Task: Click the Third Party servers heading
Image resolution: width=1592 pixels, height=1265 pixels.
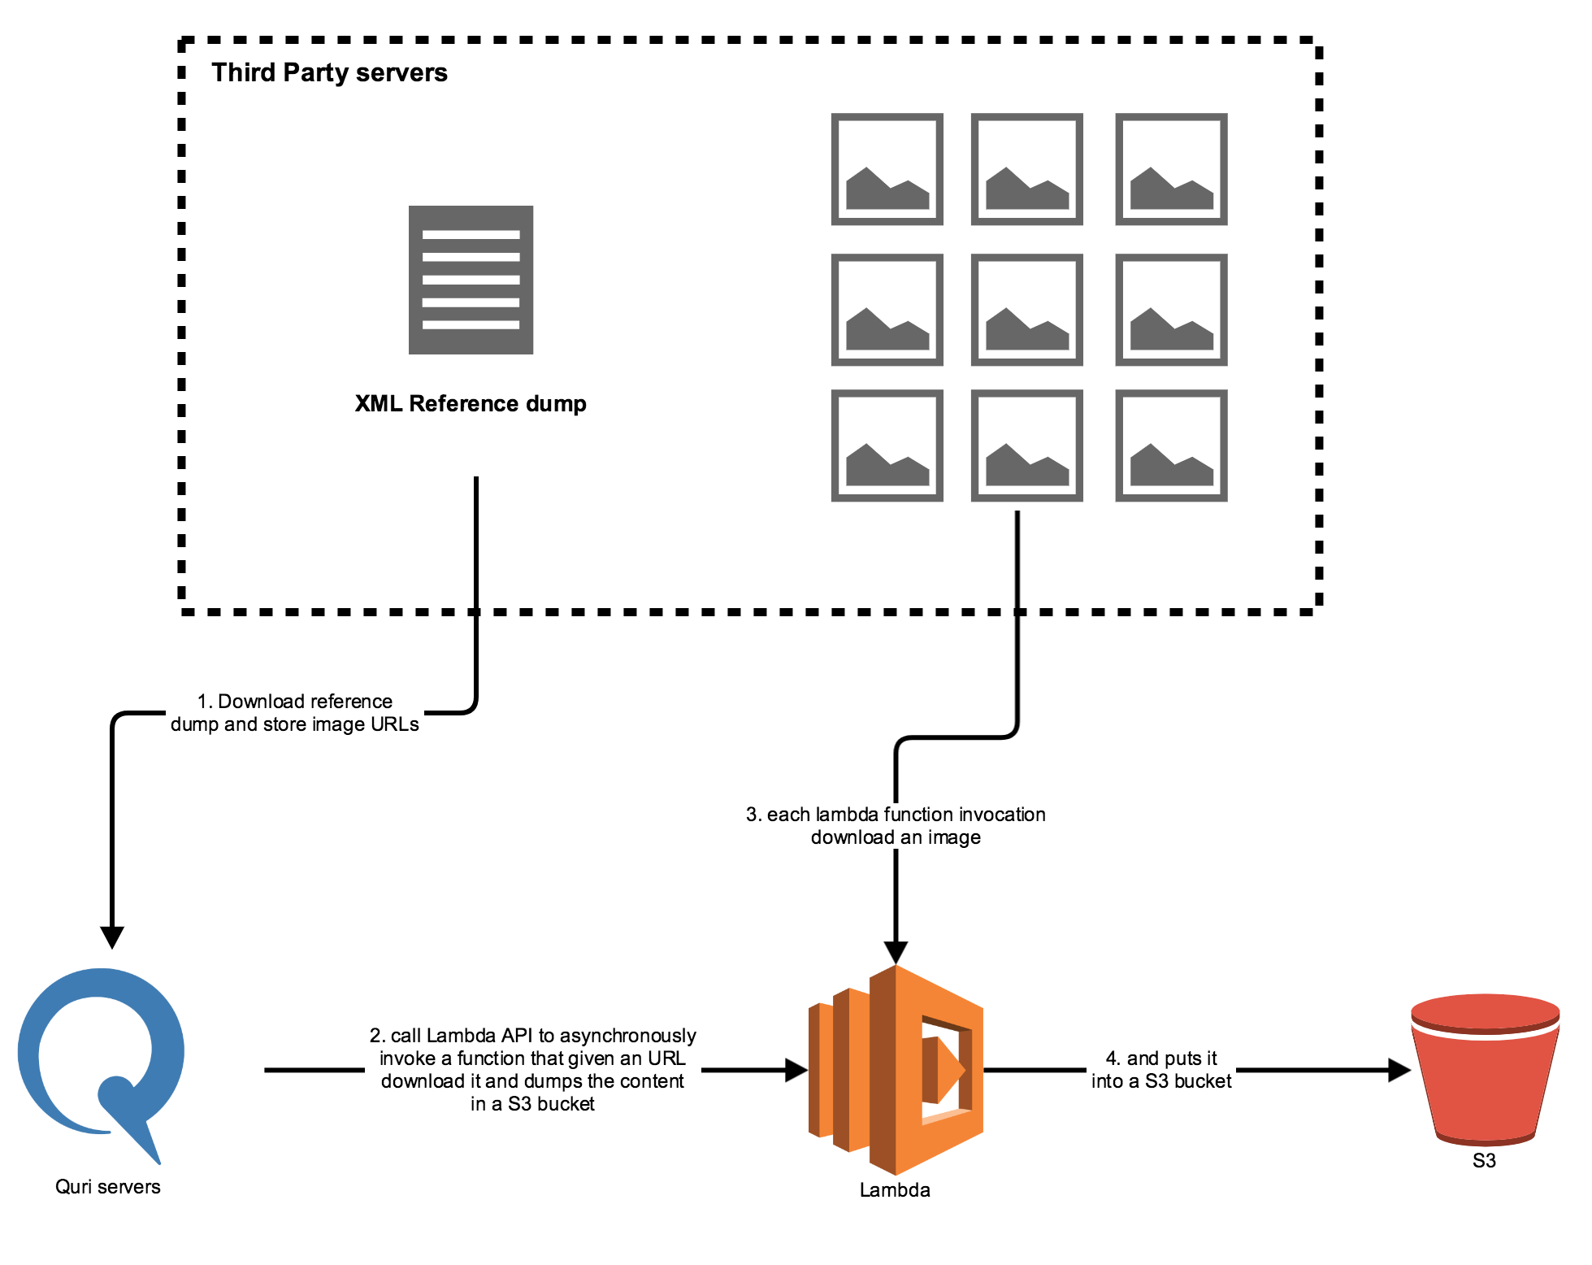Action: (x=329, y=73)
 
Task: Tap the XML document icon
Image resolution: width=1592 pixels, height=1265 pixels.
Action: (x=471, y=280)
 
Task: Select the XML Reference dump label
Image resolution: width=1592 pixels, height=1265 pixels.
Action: (x=471, y=404)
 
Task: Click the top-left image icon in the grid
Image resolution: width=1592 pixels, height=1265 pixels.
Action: (x=887, y=169)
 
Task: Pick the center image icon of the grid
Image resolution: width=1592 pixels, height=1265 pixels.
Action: (x=1026, y=310)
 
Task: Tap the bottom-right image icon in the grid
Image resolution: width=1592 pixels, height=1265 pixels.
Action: (x=1171, y=446)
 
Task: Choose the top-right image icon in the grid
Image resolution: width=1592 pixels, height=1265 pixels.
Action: (x=1171, y=169)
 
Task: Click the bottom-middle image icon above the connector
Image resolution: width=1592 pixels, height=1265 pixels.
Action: (x=1026, y=446)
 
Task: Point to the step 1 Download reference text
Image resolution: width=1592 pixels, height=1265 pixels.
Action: (x=295, y=713)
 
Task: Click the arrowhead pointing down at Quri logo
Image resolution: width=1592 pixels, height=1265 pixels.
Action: (x=112, y=937)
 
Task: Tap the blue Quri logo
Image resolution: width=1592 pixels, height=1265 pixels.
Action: (x=102, y=1057)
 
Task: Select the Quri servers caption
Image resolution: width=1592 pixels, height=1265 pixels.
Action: (x=108, y=1187)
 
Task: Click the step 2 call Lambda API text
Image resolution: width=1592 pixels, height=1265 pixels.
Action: (x=533, y=1069)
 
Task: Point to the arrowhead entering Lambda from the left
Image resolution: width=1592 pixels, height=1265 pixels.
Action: (x=796, y=1070)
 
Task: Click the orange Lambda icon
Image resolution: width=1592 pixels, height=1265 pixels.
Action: (x=896, y=1070)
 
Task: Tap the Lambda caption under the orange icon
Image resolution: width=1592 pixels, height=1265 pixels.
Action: (x=895, y=1190)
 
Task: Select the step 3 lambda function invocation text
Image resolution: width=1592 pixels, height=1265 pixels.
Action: (x=896, y=826)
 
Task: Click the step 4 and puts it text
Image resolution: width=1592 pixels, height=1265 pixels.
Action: (x=1161, y=1070)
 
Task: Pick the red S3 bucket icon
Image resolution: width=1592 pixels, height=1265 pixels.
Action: (x=1485, y=1065)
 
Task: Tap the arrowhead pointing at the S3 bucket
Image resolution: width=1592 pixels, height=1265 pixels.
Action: (x=1399, y=1070)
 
